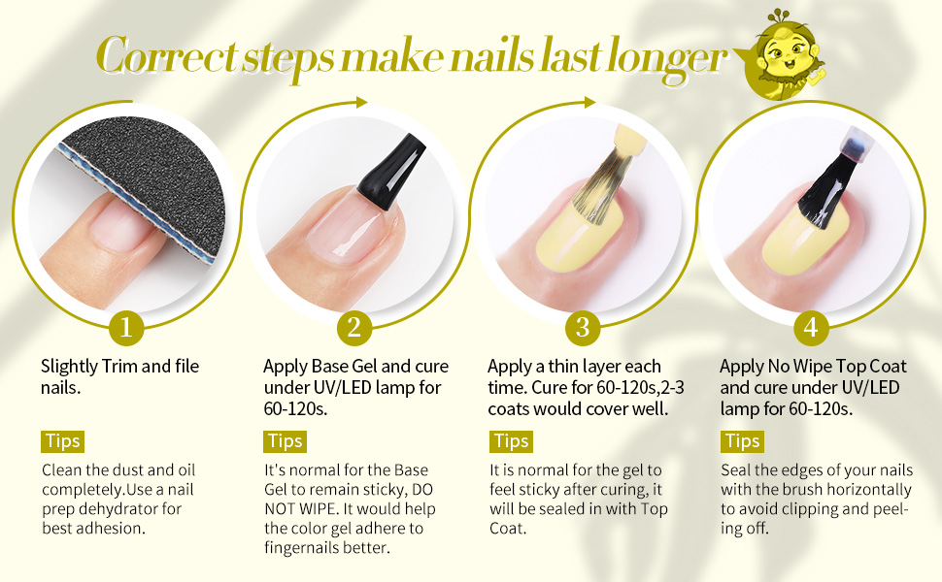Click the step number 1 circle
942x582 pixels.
(x=124, y=328)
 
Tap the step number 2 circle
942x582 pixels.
(x=353, y=328)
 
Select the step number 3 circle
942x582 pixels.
(x=582, y=328)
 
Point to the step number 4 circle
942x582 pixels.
(x=811, y=328)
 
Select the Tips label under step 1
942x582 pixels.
(x=62, y=441)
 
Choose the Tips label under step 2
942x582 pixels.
(x=286, y=441)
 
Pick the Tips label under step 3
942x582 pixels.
(x=511, y=441)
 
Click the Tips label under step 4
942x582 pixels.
(x=742, y=441)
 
